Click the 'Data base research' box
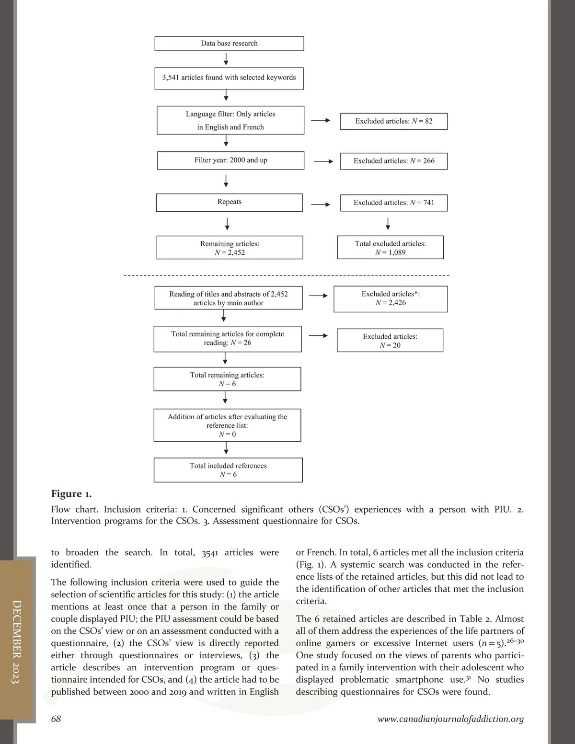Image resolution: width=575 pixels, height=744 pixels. pyautogui.click(x=229, y=44)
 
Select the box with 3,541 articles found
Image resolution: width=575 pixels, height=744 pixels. pyautogui.click(x=229, y=78)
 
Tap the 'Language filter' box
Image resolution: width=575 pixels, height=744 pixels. pyautogui.click(x=230, y=120)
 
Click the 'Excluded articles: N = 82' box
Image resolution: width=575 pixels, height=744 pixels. pyautogui.click(x=394, y=121)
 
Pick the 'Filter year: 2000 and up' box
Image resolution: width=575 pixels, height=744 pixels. pyautogui.click(x=230, y=160)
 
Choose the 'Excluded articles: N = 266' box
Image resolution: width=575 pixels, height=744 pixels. pyautogui.click(x=394, y=161)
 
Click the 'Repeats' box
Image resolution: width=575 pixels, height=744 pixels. pyautogui.click(x=229, y=202)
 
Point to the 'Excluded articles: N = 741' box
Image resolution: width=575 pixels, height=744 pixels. pyautogui.click(x=394, y=203)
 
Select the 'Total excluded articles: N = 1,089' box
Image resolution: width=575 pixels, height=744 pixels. pyautogui.click(x=390, y=248)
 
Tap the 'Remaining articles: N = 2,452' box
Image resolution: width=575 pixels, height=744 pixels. pyautogui.click(x=230, y=248)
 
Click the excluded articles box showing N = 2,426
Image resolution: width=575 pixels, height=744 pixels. pyautogui.click(x=391, y=298)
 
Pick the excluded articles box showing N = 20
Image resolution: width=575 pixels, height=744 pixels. pyautogui.click(x=390, y=341)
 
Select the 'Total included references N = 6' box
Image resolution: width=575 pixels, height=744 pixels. pyautogui.click(x=228, y=470)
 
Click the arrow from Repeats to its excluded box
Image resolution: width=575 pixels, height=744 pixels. pyautogui.click(x=321, y=205)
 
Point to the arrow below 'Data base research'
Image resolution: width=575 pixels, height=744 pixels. pyautogui.click(x=226, y=59)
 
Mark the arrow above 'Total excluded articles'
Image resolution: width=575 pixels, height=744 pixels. pyautogui.click(x=388, y=224)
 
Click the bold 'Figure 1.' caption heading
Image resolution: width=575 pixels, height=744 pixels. pyautogui.click(x=71, y=494)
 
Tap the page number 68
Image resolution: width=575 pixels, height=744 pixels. pyautogui.click(x=56, y=719)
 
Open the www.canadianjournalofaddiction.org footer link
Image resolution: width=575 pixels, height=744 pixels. pyautogui.click(x=450, y=719)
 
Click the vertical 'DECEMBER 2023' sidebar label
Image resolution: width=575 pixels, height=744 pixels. pyautogui.click(x=16, y=641)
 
